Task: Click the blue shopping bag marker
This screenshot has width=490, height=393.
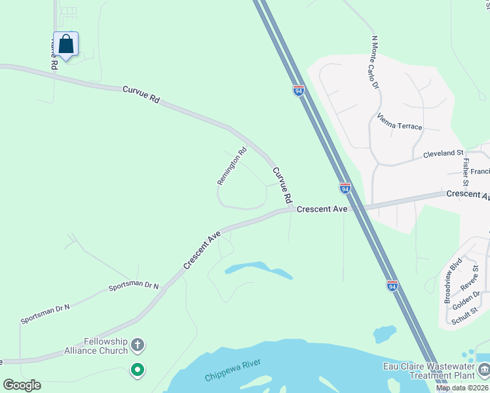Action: click(x=66, y=45)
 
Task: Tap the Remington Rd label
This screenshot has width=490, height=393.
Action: click(x=232, y=165)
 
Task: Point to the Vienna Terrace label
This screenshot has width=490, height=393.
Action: click(x=400, y=122)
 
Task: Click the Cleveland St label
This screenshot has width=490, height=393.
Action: click(x=443, y=154)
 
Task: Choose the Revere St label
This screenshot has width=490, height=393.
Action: click(x=470, y=282)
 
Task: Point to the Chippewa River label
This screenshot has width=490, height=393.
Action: click(x=233, y=370)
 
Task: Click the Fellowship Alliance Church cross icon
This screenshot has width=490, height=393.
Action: click(x=138, y=344)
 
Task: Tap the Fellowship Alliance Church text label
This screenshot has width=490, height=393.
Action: click(x=105, y=346)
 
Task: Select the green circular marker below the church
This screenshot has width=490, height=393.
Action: click(x=138, y=370)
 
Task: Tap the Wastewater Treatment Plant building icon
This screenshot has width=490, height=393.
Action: click(x=483, y=370)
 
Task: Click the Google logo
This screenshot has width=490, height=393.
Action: click(x=22, y=385)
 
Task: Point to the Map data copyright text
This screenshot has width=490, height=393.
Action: click(x=462, y=388)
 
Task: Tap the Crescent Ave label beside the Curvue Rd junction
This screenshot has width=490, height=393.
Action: click(x=321, y=209)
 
